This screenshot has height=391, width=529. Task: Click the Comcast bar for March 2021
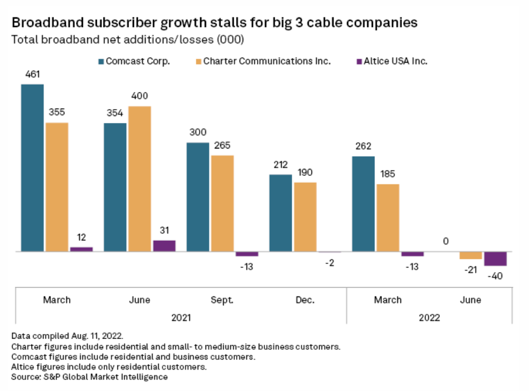coord(32,168)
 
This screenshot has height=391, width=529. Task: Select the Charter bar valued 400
coord(140,179)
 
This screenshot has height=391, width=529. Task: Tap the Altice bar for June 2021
coord(164,245)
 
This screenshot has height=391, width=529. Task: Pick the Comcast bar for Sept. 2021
coord(198,197)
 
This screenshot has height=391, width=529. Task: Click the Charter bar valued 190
coord(305,217)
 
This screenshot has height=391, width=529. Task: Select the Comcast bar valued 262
coord(364,204)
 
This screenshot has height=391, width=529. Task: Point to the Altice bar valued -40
coord(495,259)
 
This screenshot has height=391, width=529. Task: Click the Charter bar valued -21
coord(471,255)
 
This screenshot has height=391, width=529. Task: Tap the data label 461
coord(32,74)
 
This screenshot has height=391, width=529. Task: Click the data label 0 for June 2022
coord(446,241)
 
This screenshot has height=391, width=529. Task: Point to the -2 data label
coord(330,263)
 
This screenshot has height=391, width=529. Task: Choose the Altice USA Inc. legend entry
coord(388,61)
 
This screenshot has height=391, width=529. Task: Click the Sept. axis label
coord(222,300)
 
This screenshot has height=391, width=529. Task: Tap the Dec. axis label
coord(305,300)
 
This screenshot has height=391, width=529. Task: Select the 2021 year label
coord(181,317)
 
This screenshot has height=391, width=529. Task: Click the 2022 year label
coord(429,317)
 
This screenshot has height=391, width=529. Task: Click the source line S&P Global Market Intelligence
coord(89,376)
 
